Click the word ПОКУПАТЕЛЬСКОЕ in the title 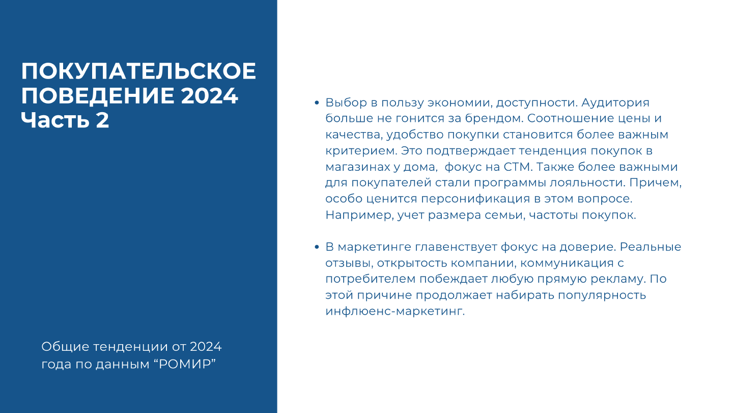click(138, 71)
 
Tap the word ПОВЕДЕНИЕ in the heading click(98, 96)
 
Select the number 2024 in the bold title click(209, 96)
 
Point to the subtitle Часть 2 click(65, 120)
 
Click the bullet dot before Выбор click(317, 103)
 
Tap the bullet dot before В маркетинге click(317, 247)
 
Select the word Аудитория click(615, 103)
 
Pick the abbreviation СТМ click(518, 167)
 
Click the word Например click(359, 215)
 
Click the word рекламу click(618, 279)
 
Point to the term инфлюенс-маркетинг click(395, 311)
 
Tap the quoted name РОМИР click(185, 364)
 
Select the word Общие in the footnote click(65, 347)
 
